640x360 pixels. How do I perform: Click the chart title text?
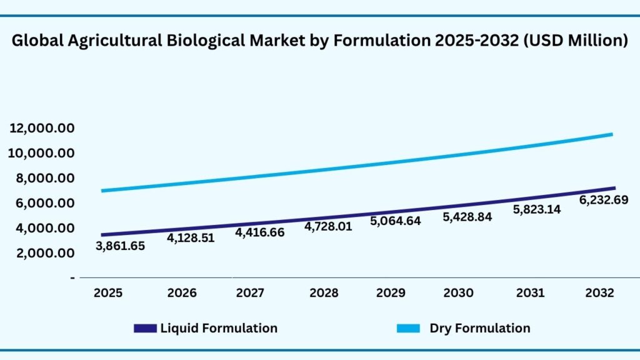tap(320, 41)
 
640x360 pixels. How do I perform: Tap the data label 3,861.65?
tap(120, 246)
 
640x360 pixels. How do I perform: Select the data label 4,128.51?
tap(190, 237)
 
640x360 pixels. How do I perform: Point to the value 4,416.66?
tap(260, 232)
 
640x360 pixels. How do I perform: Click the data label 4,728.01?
tap(328, 226)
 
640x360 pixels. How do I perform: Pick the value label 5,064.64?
tap(396, 221)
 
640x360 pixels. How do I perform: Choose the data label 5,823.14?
tap(537, 209)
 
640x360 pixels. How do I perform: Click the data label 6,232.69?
tap(602, 200)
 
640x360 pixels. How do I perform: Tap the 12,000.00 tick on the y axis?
tap(42, 128)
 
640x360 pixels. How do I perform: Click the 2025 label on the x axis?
tap(108, 293)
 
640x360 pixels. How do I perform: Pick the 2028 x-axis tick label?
tap(324, 293)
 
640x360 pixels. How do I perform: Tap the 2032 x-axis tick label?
tap(599, 293)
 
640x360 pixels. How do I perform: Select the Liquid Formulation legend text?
tap(219, 328)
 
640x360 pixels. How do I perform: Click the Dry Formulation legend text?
tap(479, 328)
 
